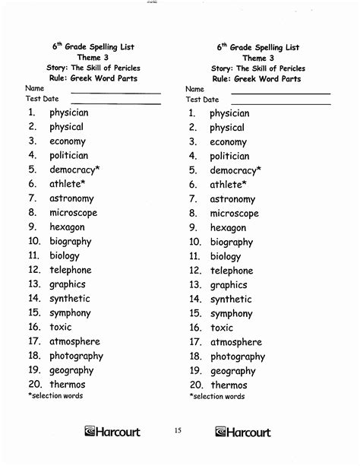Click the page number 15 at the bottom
coord(178,432)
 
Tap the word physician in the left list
coord(69,113)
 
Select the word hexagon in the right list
coord(228,227)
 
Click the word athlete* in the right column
coord(228,185)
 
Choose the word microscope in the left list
coord(73,213)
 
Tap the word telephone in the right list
coord(232,271)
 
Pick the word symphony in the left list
coord(71,312)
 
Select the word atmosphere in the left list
coord(74,341)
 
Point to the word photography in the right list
coord(238,357)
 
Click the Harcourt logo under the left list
coord(112,433)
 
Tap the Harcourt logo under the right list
coord(242,433)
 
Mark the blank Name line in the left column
coord(115,93)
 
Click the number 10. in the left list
coord(34,241)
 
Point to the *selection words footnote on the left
coord(55,395)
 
